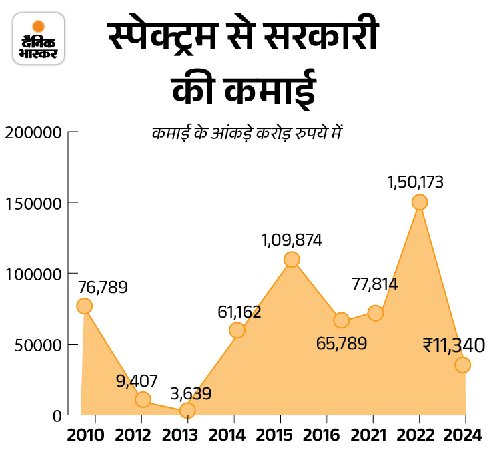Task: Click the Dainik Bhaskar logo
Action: coord(39,41)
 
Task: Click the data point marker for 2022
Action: coord(419,202)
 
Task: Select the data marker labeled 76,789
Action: coord(84,306)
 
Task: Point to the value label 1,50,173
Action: coord(415,181)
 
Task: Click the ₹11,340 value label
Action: coord(453,345)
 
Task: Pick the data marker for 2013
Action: coord(187,410)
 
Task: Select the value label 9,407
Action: coord(136,381)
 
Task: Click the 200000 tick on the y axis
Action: coord(33,132)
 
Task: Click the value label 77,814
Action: coord(374,285)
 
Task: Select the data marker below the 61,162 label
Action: coord(236,330)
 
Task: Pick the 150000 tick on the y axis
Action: coord(33,202)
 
